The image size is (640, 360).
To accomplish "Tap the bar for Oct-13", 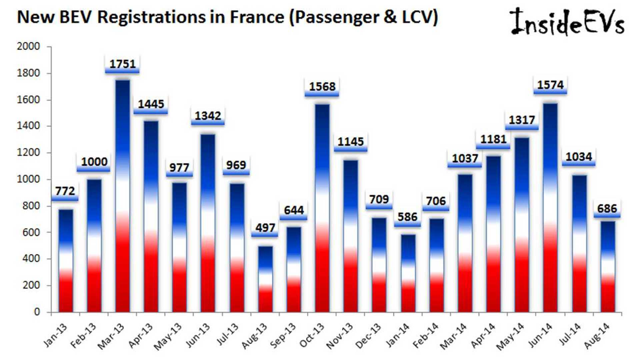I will point(322,208).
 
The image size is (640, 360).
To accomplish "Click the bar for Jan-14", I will point(408,273).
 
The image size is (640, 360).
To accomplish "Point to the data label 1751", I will point(122,64).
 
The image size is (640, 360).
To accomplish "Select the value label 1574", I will point(550,85).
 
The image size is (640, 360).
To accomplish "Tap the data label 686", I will point(607,209).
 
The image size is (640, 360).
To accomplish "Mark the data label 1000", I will point(94,162).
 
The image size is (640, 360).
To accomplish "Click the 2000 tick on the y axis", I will point(28,46).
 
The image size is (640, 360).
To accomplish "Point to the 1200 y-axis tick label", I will point(28,152).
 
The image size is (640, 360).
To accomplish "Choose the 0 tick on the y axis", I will point(37,312).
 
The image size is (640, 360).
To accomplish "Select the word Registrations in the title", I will point(151,17).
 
